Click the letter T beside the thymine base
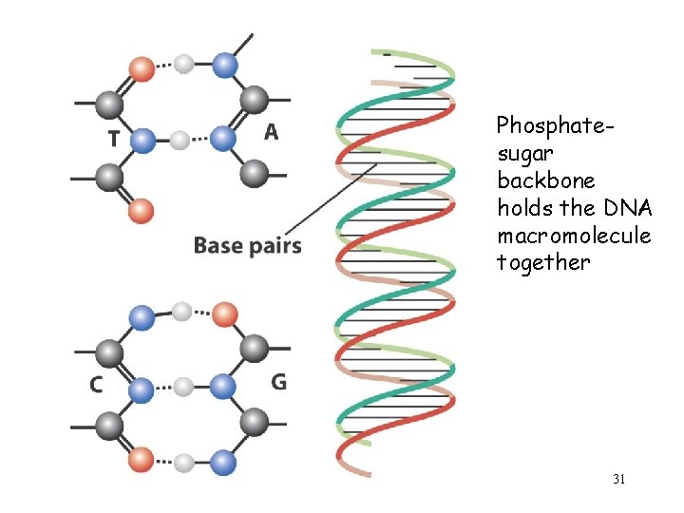[114, 139]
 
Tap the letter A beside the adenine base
[272, 132]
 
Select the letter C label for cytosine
[96, 385]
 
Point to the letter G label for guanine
[279, 382]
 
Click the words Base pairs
[247, 247]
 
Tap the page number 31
[618, 480]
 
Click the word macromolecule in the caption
[574, 235]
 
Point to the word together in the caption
[542, 262]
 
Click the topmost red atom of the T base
[142, 68]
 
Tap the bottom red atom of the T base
[141, 208]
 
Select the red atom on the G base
[224, 313]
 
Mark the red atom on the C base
[141, 461]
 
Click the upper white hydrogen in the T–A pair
[184, 65]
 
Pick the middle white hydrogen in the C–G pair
[183, 387]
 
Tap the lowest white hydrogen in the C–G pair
[184, 463]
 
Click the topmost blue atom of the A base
[224, 65]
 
